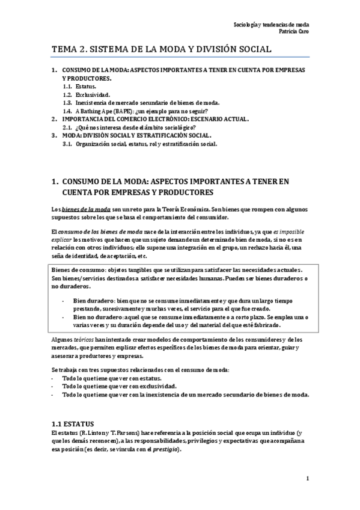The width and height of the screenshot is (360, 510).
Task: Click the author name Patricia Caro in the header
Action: point(292,32)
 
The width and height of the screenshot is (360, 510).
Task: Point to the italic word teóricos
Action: point(90,340)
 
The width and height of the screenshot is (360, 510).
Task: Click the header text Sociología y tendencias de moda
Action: point(270,25)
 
